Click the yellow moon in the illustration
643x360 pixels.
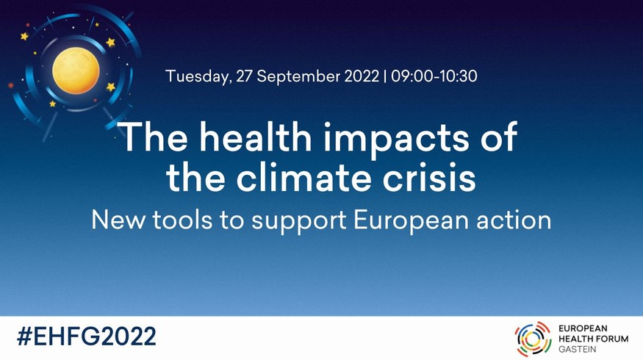pyautogui.click(x=76, y=70)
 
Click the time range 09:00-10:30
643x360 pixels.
pyautogui.click(x=434, y=76)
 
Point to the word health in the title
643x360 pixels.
pyautogui.click(x=256, y=137)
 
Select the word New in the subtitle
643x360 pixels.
pyautogui.click(x=118, y=220)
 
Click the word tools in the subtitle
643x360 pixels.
pyautogui.click(x=182, y=220)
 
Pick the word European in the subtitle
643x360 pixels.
pyautogui.click(x=411, y=221)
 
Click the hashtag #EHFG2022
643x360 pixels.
pyautogui.click(x=87, y=336)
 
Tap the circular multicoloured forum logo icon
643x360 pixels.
pyautogui.click(x=533, y=339)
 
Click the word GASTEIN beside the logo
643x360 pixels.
pyautogui.click(x=578, y=349)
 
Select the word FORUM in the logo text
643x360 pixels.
pyautogui.click(x=613, y=339)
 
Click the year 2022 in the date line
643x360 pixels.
pyautogui.click(x=362, y=76)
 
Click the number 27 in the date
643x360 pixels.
pyautogui.click(x=245, y=76)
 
